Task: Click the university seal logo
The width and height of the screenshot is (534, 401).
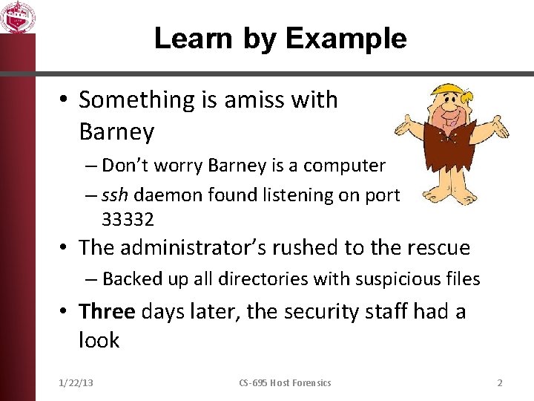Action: [x=17, y=16]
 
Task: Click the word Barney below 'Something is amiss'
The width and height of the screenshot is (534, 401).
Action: [x=116, y=132]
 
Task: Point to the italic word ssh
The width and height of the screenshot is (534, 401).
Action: [x=116, y=195]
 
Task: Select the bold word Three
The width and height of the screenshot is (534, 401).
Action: [x=107, y=310]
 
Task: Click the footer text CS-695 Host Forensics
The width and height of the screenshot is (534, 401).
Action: [x=285, y=382]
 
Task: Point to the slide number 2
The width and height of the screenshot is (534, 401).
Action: [x=500, y=382]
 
